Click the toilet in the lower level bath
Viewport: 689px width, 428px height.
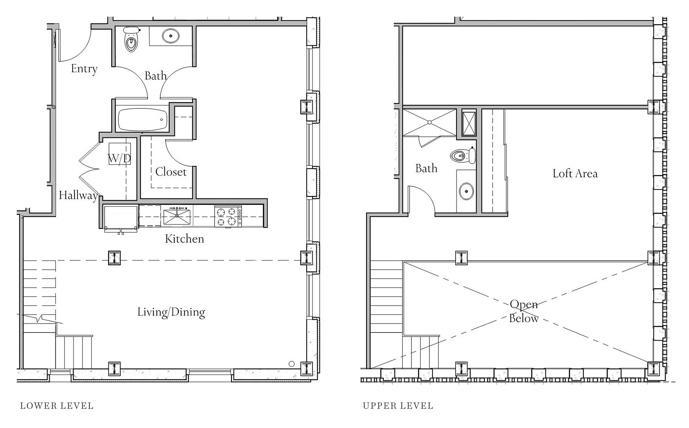pos(131,39)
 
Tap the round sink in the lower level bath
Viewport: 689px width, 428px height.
pos(171,36)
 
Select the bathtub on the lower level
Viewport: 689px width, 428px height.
pos(142,119)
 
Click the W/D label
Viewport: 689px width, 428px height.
pos(119,158)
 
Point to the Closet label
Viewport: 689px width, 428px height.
pos(171,172)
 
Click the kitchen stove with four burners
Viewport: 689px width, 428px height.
pos(228,217)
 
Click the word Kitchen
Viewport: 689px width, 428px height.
pos(184,239)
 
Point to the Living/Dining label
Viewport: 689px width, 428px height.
pos(171,312)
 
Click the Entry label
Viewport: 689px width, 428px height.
pos(84,69)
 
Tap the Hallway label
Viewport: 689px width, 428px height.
pos(78,195)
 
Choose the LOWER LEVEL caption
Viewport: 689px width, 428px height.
pos(57,406)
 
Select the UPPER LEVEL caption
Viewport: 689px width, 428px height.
pos(398,406)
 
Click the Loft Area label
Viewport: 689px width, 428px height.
pos(575,173)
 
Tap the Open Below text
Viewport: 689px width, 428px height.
pos(524,311)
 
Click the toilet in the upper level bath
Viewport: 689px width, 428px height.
pos(463,155)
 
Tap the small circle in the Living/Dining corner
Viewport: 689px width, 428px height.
pos(292,364)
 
